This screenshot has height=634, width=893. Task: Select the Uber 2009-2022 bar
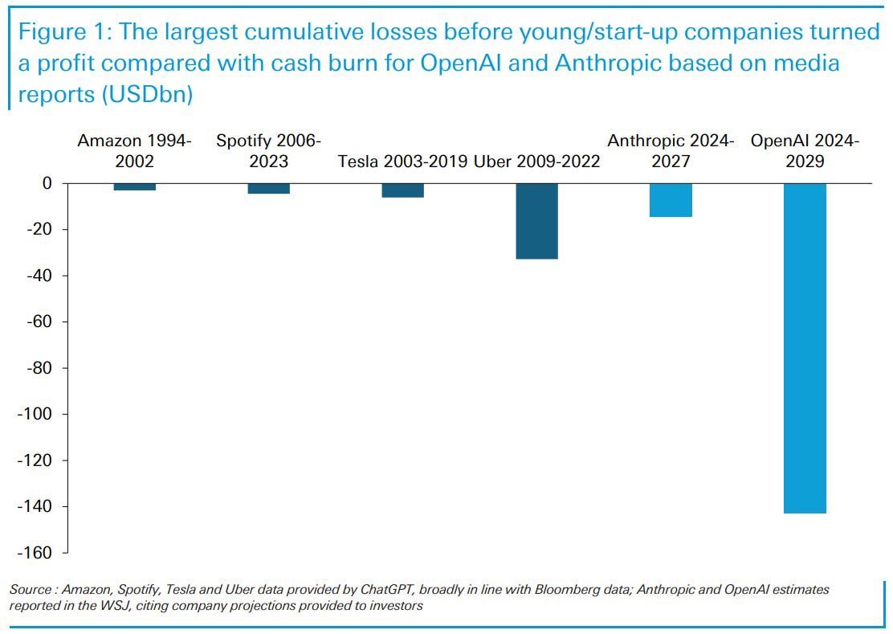[x=536, y=221]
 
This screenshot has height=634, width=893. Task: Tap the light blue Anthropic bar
[x=671, y=200]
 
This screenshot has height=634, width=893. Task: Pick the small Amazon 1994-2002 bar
[x=135, y=187]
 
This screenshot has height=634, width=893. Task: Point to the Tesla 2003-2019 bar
[x=402, y=190]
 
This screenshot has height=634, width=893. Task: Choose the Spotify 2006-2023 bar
[x=268, y=189]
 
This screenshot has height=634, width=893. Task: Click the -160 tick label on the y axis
[x=35, y=553]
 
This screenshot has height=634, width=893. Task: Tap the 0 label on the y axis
[x=47, y=183]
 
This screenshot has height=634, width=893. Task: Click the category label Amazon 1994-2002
[x=134, y=150]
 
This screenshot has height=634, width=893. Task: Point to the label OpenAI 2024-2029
[x=805, y=150]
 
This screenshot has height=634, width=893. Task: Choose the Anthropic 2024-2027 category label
[x=671, y=150]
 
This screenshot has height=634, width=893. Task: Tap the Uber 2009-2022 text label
[x=536, y=161]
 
